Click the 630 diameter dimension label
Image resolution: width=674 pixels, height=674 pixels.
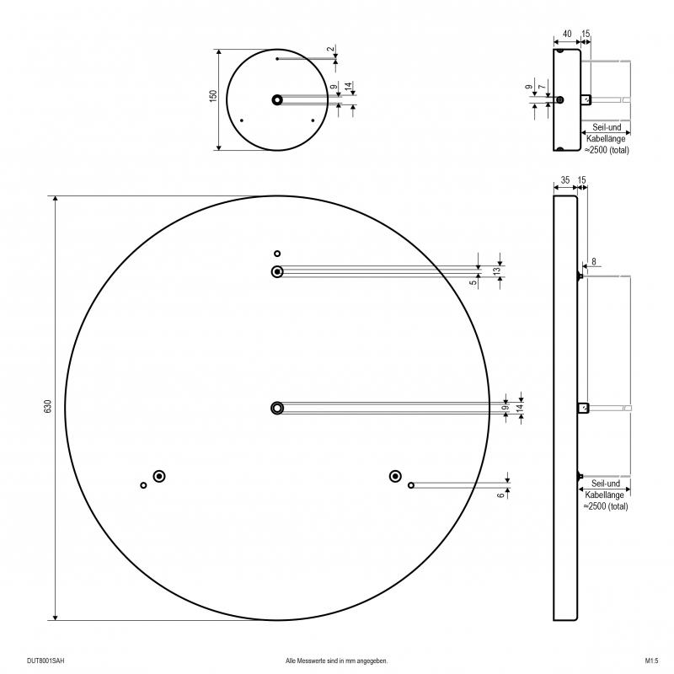[x=48, y=406]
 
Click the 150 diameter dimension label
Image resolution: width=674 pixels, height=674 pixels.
[x=213, y=96]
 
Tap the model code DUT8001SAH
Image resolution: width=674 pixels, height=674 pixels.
[x=45, y=661]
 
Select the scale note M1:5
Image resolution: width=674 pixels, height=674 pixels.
[x=651, y=661]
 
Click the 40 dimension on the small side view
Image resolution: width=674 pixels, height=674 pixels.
[x=567, y=34]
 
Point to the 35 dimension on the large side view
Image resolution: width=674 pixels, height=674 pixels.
[x=565, y=180]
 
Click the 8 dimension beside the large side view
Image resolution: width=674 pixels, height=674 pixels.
[x=594, y=261]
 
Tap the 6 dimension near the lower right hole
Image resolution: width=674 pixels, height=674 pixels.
[x=500, y=495]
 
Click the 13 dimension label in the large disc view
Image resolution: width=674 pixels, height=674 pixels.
[x=497, y=271]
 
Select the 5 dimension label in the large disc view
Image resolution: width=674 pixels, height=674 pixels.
[x=473, y=282]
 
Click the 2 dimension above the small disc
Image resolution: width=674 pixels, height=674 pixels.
[x=330, y=49]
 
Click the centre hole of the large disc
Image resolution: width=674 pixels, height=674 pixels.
[x=277, y=408]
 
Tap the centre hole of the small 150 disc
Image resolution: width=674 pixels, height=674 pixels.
[x=277, y=100]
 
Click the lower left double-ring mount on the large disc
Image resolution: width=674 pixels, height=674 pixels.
[x=159, y=476]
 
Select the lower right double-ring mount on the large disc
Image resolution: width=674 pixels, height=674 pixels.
[x=395, y=476]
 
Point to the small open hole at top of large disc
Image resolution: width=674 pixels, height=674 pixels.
[x=277, y=254]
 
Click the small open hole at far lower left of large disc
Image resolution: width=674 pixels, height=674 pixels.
[x=143, y=485]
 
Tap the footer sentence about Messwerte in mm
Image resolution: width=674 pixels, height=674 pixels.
[x=336, y=661]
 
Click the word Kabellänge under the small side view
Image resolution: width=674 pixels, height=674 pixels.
[x=606, y=138]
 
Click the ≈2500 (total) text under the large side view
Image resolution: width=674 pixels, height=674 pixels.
[x=606, y=506]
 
